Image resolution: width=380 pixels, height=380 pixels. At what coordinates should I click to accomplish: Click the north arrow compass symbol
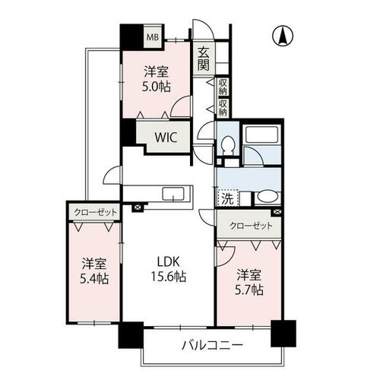click(283, 36)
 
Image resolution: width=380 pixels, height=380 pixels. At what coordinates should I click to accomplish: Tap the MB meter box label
click(153, 37)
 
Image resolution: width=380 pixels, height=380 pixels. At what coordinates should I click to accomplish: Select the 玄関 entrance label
click(204, 59)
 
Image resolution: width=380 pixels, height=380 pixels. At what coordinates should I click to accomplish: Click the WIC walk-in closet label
click(166, 138)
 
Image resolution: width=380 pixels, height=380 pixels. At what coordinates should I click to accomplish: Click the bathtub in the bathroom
click(262, 135)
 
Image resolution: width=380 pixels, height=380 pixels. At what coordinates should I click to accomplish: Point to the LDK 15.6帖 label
click(169, 269)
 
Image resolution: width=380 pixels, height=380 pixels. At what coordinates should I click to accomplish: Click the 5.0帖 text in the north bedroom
click(156, 87)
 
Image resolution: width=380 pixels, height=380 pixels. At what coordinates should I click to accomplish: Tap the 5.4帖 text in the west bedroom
click(94, 279)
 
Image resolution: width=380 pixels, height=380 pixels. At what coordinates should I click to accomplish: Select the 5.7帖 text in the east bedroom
click(249, 290)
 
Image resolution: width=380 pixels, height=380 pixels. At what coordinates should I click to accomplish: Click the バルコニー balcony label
click(212, 345)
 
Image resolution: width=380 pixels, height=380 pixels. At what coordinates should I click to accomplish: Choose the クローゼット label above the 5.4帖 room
click(95, 212)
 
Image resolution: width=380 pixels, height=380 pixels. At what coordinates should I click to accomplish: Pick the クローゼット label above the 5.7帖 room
click(251, 226)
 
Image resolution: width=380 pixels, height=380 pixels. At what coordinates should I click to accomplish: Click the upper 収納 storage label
click(223, 87)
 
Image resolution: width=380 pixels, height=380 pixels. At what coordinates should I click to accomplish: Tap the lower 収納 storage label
click(223, 107)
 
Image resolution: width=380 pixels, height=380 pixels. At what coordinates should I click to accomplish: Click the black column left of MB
click(131, 36)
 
